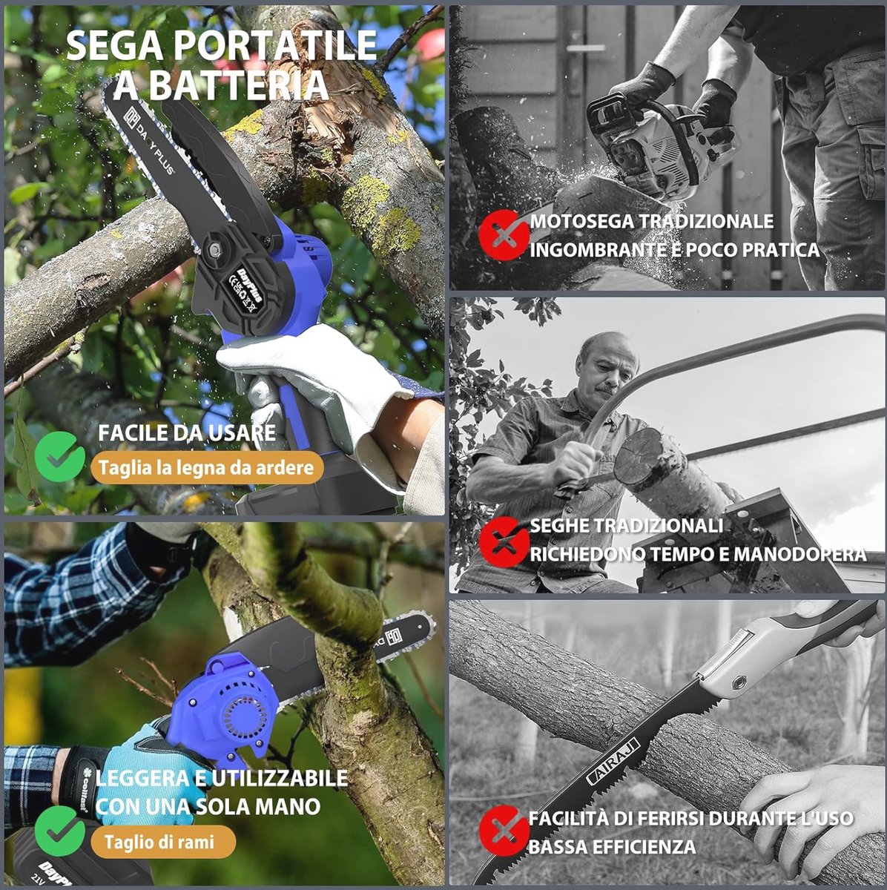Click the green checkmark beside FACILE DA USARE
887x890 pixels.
click(59, 456)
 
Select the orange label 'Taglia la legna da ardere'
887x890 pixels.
click(206, 467)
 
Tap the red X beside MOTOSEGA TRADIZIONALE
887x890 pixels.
click(504, 234)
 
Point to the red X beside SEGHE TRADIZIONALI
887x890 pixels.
click(504, 541)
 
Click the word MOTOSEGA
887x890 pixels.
click(581, 221)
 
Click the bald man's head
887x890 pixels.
click(607, 363)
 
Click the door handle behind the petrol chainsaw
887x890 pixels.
click(586, 48)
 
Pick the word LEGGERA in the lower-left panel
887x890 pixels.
click(143, 778)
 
